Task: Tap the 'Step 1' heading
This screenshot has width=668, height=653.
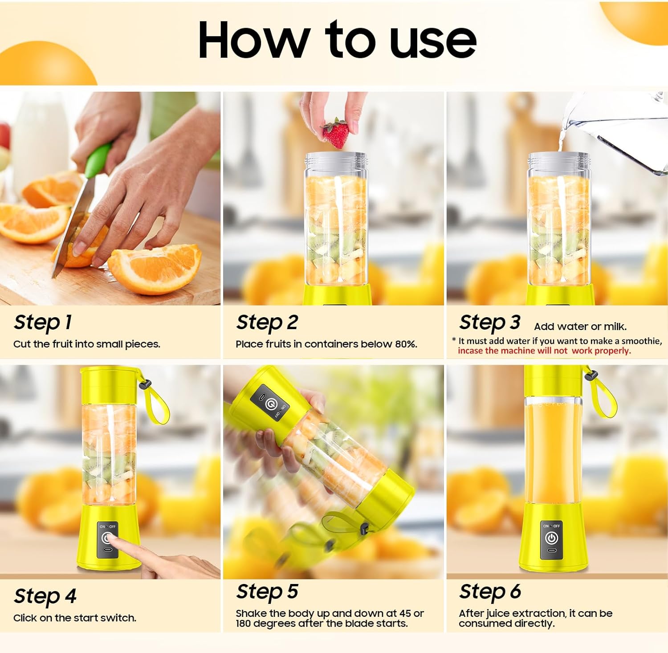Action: pyautogui.click(x=43, y=322)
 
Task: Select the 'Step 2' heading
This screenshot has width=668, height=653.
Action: pyautogui.click(x=267, y=322)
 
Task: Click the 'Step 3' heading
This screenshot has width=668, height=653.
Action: pyautogui.click(x=489, y=322)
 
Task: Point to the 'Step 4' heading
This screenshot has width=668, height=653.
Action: pyautogui.click(x=45, y=596)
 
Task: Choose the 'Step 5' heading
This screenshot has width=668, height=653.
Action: pyautogui.click(x=267, y=592)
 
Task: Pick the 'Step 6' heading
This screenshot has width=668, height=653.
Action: pyautogui.click(x=490, y=592)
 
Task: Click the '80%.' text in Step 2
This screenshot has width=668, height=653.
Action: pyautogui.click(x=406, y=344)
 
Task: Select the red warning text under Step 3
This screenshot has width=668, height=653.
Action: pyautogui.click(x=544, y=351)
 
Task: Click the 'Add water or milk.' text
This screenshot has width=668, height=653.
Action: pyautogui.click(x=580, y=326)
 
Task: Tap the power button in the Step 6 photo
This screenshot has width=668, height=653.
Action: pyautogui.click(x=551, y=538)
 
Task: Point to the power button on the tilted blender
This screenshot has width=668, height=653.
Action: pyautogui.click(x=270, y=404)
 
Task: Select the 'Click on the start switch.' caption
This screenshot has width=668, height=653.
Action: pyautogui.click(x=75, y=618)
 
